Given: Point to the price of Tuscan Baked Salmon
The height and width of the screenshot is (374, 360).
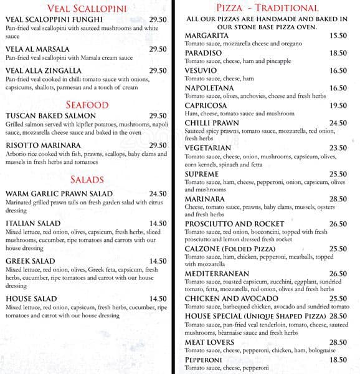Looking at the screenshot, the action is tap(158, 116).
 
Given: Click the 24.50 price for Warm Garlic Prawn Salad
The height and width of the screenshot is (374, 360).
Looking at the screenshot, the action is tap(158, 194).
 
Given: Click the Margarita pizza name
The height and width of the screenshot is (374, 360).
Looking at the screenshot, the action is tap(209, 36).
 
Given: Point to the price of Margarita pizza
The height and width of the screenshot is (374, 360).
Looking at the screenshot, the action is tap(338, 36).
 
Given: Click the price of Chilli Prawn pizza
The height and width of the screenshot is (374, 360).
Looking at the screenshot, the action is tap(338, 123).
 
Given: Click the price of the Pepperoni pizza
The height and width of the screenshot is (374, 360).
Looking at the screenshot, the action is tap(338, 360).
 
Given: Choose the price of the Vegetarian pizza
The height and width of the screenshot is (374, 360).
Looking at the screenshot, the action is tap(338, 148).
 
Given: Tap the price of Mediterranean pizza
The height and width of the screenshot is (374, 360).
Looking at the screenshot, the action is tap(338, 274).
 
